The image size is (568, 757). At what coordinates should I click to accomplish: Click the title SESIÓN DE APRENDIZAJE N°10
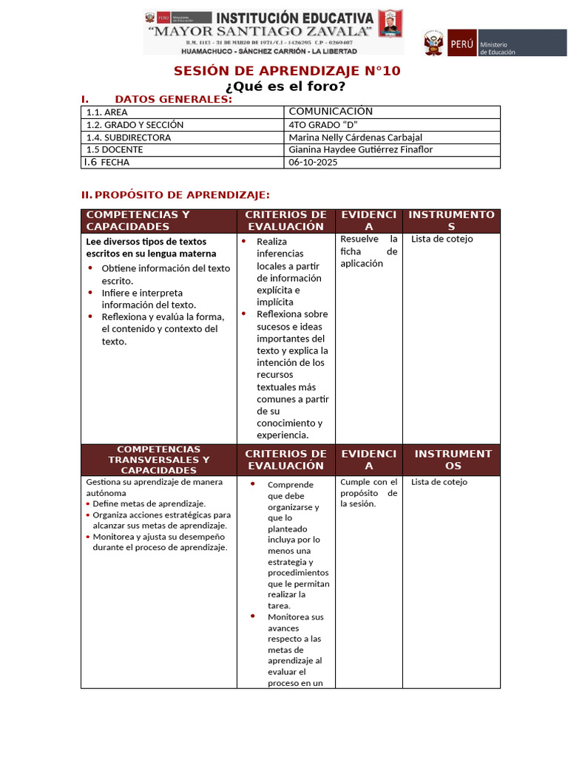286,71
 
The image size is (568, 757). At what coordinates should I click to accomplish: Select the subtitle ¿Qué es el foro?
285,86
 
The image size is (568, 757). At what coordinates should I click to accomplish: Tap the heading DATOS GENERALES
173,99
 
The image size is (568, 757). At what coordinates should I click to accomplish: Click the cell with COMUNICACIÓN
331,112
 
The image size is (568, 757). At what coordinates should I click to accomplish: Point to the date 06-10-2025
313,162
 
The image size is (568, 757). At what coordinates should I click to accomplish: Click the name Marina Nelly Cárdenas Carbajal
355,138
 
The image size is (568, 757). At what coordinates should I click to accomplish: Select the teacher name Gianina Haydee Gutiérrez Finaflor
360,149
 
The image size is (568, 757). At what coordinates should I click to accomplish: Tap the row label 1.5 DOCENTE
115,149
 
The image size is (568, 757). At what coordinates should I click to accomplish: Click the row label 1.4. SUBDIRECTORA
128,138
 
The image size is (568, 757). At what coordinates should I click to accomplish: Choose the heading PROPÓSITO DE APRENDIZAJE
182,194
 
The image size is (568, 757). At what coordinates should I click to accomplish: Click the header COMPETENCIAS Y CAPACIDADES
138,220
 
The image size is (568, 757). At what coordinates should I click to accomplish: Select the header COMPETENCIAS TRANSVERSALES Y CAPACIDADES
158,459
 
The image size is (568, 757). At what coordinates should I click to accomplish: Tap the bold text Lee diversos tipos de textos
146,242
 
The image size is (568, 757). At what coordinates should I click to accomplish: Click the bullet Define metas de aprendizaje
149,503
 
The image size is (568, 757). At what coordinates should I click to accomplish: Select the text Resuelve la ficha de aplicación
368,251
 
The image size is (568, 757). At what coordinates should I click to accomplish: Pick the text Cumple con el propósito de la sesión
368,493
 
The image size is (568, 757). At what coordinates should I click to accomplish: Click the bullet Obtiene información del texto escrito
165,274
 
